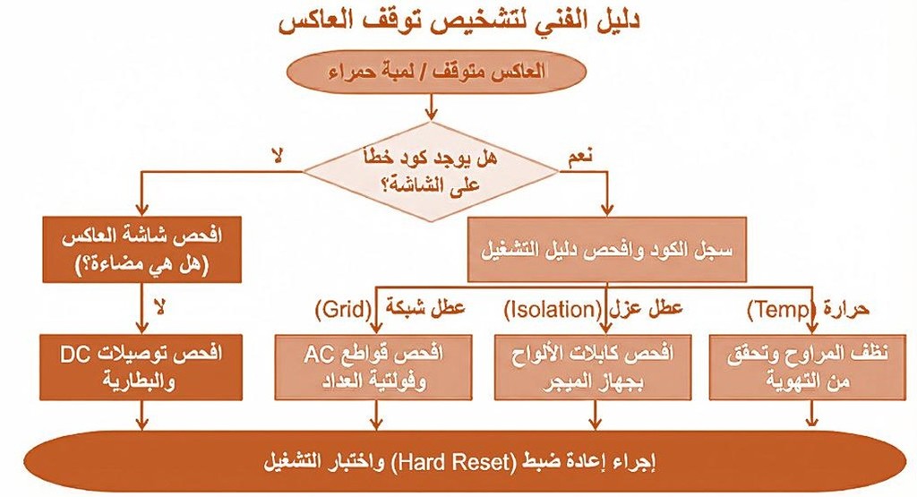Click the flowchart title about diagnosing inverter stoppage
[x=458, y=21]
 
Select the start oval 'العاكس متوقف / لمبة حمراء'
[x=436, y=72]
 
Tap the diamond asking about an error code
[x=431, y=171]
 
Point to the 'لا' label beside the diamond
[x=277, y=157]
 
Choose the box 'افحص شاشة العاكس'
[x=142, y=250]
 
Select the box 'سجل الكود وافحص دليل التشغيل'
[x=607, y=250]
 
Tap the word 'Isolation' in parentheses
[x=553, y=309]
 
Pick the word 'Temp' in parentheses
[x=782, y=309]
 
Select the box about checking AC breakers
[x=373, y=367]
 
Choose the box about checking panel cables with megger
[x=593, y=367]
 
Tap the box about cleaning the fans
[x=808, y=367]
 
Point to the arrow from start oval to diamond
[x=431, y=107]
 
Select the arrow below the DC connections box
[x=141, y=416]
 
